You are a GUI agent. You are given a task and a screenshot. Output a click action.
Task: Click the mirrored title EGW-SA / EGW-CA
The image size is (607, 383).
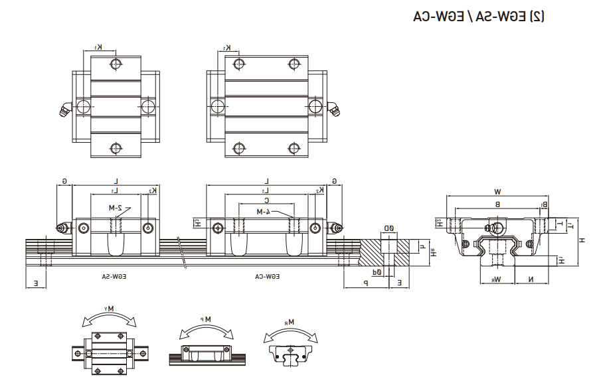(478, 17)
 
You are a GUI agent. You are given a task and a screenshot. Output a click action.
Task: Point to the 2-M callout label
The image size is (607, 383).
(116, 207)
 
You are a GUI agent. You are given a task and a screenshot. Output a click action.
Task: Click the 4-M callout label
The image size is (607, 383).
(264, 211)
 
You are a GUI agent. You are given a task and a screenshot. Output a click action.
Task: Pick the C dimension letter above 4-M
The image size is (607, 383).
(266, 200)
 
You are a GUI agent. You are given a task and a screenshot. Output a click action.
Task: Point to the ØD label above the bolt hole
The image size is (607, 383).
(388, 228)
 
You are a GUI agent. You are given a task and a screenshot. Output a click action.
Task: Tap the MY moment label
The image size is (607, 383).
(110, 309)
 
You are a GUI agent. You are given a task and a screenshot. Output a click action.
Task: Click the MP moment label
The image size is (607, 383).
(209, 319)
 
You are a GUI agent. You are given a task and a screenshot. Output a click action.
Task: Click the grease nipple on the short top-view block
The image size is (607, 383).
(64, 111)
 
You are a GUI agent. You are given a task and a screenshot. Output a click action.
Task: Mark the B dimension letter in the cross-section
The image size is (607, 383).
(497, 204)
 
